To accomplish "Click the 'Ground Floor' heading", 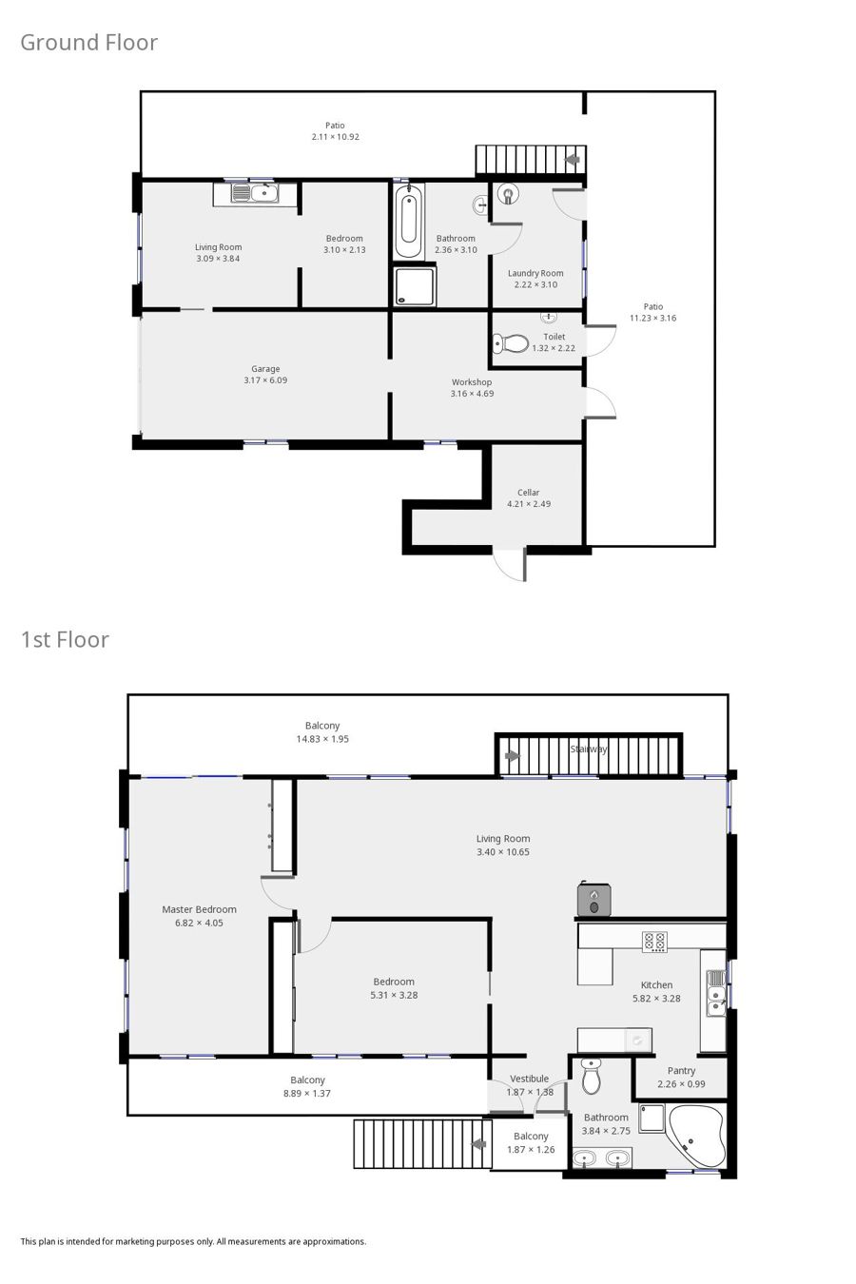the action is (x=88, y=43).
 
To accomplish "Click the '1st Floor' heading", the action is (x=65, y=640).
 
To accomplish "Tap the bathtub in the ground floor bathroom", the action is (x=408, y=221).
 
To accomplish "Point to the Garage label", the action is (x=265, y=369).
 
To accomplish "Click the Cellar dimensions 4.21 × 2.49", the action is (x=529, y=504).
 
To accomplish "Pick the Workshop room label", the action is (x=472, y=382).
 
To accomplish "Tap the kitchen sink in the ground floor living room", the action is (x=255, y=193).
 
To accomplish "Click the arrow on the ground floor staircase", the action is (x=573, y=160).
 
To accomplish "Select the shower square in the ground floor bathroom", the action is (x=415, y=285).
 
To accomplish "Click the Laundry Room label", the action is (x=535, y=273).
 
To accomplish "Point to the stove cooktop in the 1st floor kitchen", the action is (x=654, y=942).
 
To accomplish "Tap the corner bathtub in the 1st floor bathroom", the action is (x=695, y=1136).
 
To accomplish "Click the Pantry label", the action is (x=681, y=1071).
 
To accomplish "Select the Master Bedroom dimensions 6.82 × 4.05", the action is (x=199, y=923).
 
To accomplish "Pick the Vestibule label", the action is (x=529, y=1079).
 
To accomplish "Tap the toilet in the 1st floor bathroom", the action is (x=592, y=1076).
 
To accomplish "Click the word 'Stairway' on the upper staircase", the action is (x=588, y=749).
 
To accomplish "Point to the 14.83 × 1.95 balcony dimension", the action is (x=322, y=739).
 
